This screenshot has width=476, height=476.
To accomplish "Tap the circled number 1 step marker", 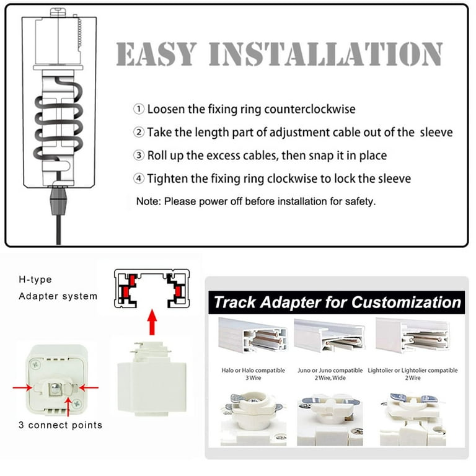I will click(x=139, y=109).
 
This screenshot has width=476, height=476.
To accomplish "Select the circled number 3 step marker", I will click(x=139, y=155).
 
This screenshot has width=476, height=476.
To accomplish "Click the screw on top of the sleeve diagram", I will click(x=59, y=12).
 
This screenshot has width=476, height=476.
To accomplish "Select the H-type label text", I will click(x=35, y=280).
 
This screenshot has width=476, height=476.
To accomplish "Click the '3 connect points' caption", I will click(x=60, y=425).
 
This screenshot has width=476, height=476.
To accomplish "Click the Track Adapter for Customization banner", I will click(x=337, y=302).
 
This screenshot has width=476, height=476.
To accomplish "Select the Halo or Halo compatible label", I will click(x=253, y=371).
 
